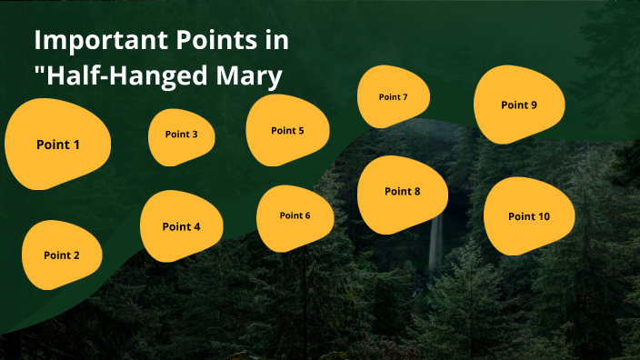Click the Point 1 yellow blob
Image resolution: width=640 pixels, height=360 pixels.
(x=58, y=145)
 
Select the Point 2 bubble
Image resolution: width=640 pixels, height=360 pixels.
(x=62, y=255)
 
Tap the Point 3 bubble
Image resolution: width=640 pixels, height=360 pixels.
(x=182, y=136)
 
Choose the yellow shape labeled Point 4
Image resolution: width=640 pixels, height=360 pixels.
(x=181, y=226)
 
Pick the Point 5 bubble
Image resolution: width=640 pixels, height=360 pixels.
(x=287, y=130)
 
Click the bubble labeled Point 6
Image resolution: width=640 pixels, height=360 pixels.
(x=295, y=216)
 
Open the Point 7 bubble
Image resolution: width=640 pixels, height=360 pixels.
(x=394, y=97)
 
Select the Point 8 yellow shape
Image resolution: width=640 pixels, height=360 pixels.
(x=403, y=193)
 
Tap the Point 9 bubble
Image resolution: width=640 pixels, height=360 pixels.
(x=519, y=105)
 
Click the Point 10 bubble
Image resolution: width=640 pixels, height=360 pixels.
(x=529, y=216)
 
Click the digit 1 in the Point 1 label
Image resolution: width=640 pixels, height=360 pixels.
(x=76, y=145)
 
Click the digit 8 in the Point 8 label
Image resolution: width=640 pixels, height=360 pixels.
(x=416, y=192)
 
